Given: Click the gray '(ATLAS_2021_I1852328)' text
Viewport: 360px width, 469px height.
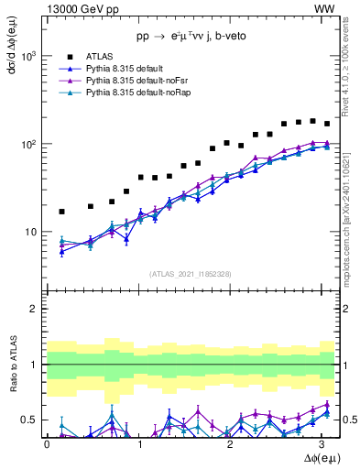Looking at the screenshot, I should (x=190, y=274).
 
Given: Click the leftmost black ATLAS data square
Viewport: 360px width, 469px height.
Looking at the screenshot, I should (x=61, y=212).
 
